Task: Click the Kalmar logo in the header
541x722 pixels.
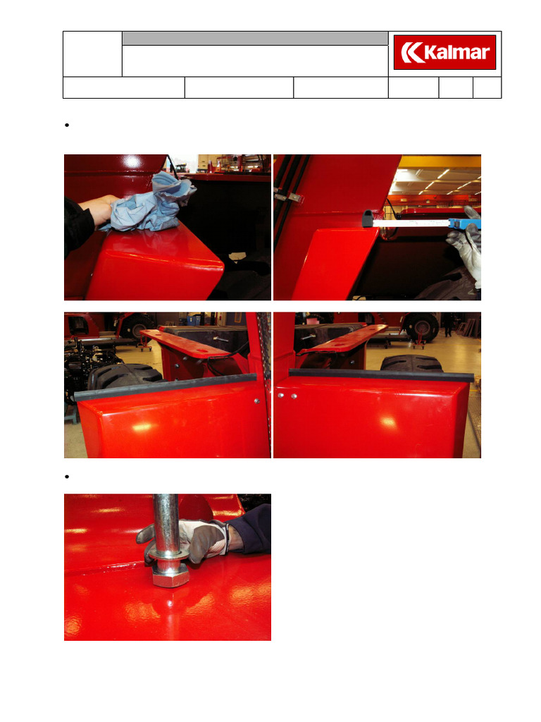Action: click(444, 52)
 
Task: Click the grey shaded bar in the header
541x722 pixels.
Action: click(255, 39)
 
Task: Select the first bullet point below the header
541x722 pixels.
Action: click(67, 126)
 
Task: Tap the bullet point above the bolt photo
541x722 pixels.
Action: click(67, 477)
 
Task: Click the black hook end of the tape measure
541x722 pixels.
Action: click(368, 219)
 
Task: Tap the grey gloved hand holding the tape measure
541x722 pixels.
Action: click(466, 249)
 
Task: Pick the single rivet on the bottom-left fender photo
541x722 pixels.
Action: click(256, 401)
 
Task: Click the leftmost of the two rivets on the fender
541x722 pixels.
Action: click(280, 396)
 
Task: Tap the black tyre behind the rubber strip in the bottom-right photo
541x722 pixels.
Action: click(411, 363)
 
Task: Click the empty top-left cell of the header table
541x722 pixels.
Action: click(92, 54)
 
